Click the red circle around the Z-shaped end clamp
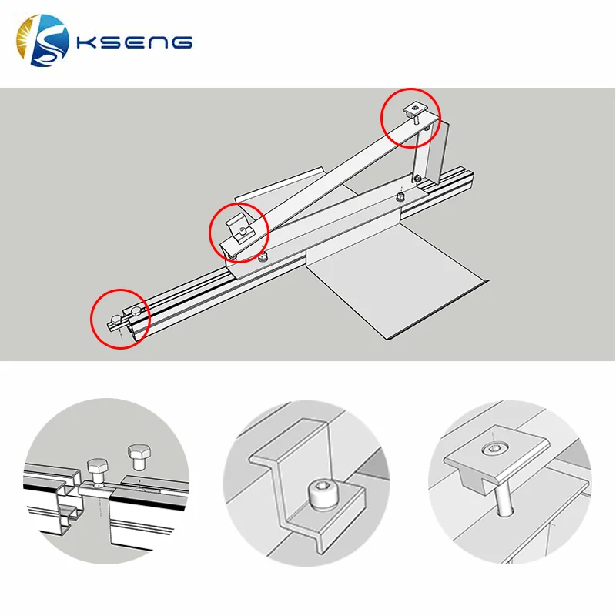click(239, 229)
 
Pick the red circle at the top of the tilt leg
click(412, 117)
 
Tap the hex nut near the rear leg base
click(399, 198)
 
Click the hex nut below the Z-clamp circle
click(263, 257)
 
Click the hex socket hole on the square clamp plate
click(492, 448)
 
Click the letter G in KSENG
click(181, 42)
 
